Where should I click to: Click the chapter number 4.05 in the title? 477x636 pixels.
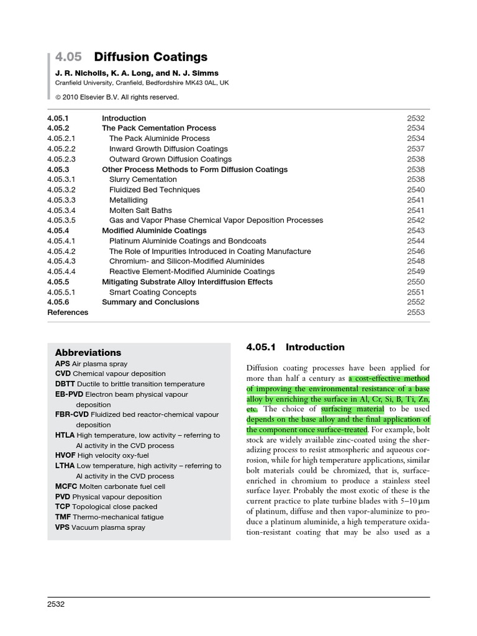pyautogui.click(x=68, y=57)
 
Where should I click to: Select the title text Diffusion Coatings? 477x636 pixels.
pyautogui.click(x=150, y=57)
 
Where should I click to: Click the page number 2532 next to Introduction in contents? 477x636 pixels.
pyautogui.click(x=416, y=118)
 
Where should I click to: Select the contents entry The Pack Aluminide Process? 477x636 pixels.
pyautogui.click(x=159, y=139)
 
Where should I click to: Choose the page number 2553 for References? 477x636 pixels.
pyautogui.click(x=416, y=312)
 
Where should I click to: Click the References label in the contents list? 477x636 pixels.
pyautogui.click(x=68, y=312)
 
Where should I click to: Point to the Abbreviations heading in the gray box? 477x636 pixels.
pyautogui.click(x=88, y=352)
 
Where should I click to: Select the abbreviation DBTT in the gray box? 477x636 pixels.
pyautogui.click(x=65, y=384)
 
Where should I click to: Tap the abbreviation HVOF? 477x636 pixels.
pyautogui.click(x=66, y=455)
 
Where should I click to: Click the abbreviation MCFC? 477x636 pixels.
pyautogui.click(x=66, y=486)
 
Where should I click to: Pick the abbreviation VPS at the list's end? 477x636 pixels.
pyautogui.click(x=62, y=527)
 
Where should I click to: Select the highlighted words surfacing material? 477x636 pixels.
pyautogui.click(x=353, y=409)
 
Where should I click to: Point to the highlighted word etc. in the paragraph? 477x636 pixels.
pyautogui.click(x=252, y=409)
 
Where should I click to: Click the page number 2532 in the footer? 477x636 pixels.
pyautogui.click(x=57, y=604)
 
